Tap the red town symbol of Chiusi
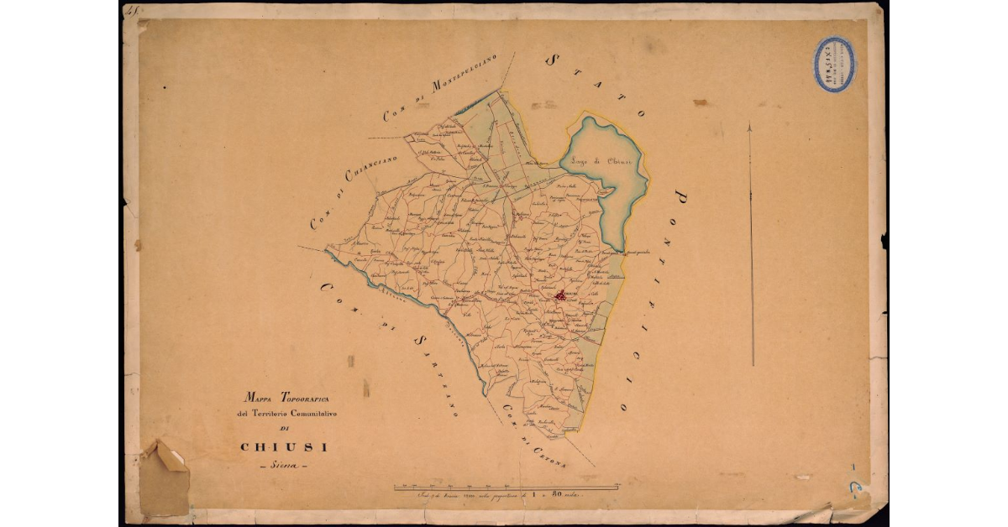point(562,296)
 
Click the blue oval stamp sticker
point(833,64)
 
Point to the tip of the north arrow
point(750,125)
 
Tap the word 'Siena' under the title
point(285,467)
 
